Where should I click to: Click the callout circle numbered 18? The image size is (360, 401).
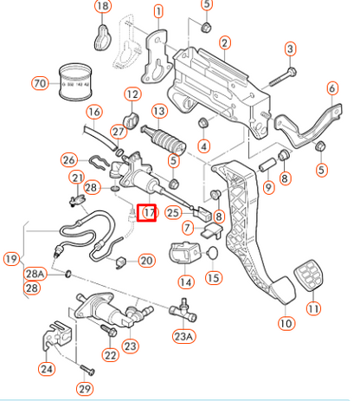click(102, 8)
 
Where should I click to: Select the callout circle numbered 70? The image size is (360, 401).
click(38, 84)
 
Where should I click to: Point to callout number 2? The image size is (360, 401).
click(224, 42)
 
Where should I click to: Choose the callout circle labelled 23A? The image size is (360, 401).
click(183, 337)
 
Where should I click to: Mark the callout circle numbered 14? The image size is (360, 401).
click(185, 281)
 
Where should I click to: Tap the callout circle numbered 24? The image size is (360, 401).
click(45, 368)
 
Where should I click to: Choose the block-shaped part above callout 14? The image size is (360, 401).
click(183, 256)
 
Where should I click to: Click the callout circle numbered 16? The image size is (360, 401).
click(93, 112)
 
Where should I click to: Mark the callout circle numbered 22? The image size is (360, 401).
click(110, 354)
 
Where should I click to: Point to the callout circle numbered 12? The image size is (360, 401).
click(132, 94)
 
